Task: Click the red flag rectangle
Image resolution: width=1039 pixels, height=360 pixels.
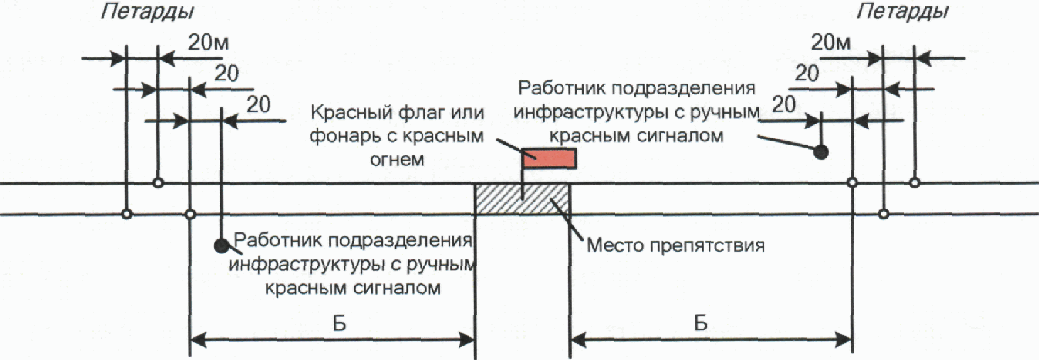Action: (x=549, y=158)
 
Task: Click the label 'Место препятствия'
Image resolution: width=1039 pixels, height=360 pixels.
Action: (x=675, y=245)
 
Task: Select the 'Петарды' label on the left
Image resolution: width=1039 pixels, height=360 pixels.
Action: (x=147, y=12)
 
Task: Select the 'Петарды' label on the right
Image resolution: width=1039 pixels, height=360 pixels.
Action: (x=902, y=12)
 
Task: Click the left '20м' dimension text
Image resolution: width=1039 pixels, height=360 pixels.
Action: (x=209, y=43)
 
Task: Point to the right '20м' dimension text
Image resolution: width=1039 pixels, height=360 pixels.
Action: (x=830, y=43)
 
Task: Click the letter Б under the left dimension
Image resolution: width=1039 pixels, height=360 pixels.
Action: (x=339, y=324)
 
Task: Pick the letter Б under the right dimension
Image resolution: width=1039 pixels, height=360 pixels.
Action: (x=701, y=324)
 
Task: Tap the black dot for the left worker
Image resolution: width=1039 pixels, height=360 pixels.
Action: (x=221, y=245)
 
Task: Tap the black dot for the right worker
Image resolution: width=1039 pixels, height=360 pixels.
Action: (x=820, y=151)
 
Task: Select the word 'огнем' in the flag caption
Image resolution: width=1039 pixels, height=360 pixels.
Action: (x=397, y=159)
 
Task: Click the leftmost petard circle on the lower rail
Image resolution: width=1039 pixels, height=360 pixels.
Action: (x=127, y=214)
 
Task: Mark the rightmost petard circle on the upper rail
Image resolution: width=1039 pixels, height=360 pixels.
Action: (x=915, y=183)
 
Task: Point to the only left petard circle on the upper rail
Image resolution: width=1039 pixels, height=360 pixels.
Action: (x=158, y=183)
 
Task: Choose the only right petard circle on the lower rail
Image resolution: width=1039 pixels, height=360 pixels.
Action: (x=883, y=214)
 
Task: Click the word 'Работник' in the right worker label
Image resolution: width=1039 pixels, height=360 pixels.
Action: (x=558, y=89)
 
